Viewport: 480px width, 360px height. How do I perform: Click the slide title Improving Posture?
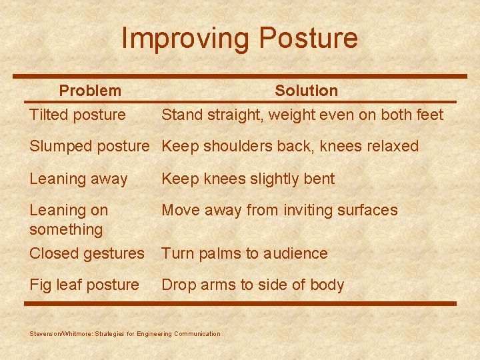click(239, 39)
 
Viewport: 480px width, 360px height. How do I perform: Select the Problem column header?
click(90, 91)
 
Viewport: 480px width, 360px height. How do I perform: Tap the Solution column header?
click(306, 91)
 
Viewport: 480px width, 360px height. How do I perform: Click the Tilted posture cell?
click(77, 115)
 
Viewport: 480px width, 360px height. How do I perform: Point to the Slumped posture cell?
click(89, 146)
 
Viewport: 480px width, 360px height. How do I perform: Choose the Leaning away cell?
click(78, 179)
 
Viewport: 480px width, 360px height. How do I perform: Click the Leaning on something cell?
click(68, 219)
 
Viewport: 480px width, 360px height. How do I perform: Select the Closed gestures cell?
click(87, 253)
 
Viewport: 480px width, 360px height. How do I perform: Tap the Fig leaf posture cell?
click(84, 285)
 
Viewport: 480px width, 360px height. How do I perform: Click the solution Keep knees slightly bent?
click(248, 179)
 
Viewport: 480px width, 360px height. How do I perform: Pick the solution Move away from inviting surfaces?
click(279, 210)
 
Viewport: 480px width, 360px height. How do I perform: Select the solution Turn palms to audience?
click(245, 253)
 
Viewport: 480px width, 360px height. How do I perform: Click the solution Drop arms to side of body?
click(253, 285)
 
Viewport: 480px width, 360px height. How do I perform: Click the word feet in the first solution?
click(429, 115)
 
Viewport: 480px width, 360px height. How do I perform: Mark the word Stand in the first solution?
click(181, 115)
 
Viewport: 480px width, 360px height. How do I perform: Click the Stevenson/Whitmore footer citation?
click(125, 333)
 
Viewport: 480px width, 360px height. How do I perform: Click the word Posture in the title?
click(309, 39)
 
